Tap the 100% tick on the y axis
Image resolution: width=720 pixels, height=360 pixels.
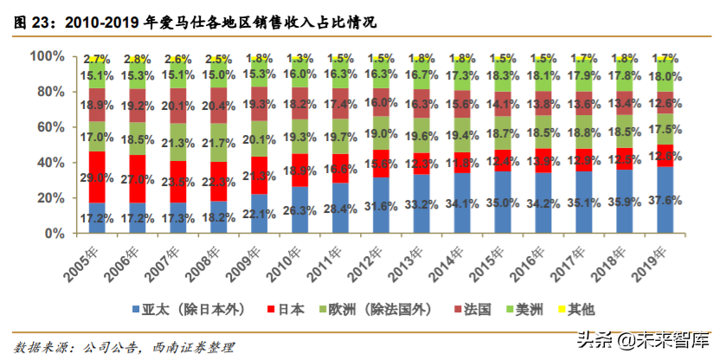[x=47, y=56]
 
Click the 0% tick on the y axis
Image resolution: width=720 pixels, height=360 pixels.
[x=54, y=234]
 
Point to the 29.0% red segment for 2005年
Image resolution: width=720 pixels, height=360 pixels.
[x=96, y=177]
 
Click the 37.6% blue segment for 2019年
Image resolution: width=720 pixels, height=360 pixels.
[x=667, y=200]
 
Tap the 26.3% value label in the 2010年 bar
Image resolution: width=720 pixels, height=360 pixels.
[x=299, y=210]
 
